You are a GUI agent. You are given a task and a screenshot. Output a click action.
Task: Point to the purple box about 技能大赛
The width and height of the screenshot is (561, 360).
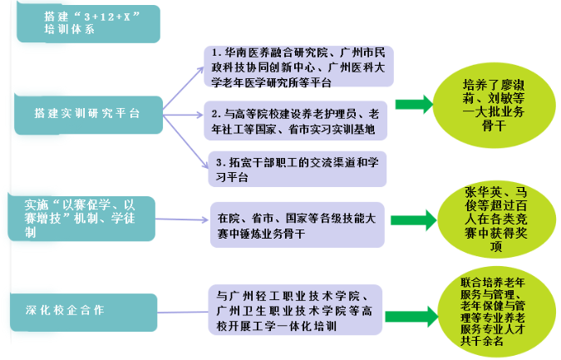click(x=296, y=224)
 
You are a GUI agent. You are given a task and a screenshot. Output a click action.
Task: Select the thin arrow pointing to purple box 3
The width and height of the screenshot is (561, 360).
click(x=185, y=140)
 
